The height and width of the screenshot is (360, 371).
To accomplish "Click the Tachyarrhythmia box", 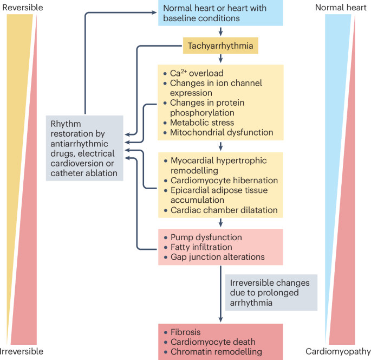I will (220, 46).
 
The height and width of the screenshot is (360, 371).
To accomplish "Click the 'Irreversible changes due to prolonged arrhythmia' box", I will (271, 292).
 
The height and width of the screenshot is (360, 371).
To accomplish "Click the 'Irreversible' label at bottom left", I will (22, 351).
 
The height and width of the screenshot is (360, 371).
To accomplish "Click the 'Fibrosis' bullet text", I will (185, 332).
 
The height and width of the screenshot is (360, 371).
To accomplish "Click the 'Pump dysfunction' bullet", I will (206, 237).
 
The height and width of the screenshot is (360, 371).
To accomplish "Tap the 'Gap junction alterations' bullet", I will (217, 257).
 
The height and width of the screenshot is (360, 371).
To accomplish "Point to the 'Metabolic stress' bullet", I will (201, 123).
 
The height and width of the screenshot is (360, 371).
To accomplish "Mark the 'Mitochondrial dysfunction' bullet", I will (222, 132).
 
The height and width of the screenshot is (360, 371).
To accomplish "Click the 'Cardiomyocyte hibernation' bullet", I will (224, 180).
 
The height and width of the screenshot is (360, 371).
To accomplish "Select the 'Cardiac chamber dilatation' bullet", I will (224, 210).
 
